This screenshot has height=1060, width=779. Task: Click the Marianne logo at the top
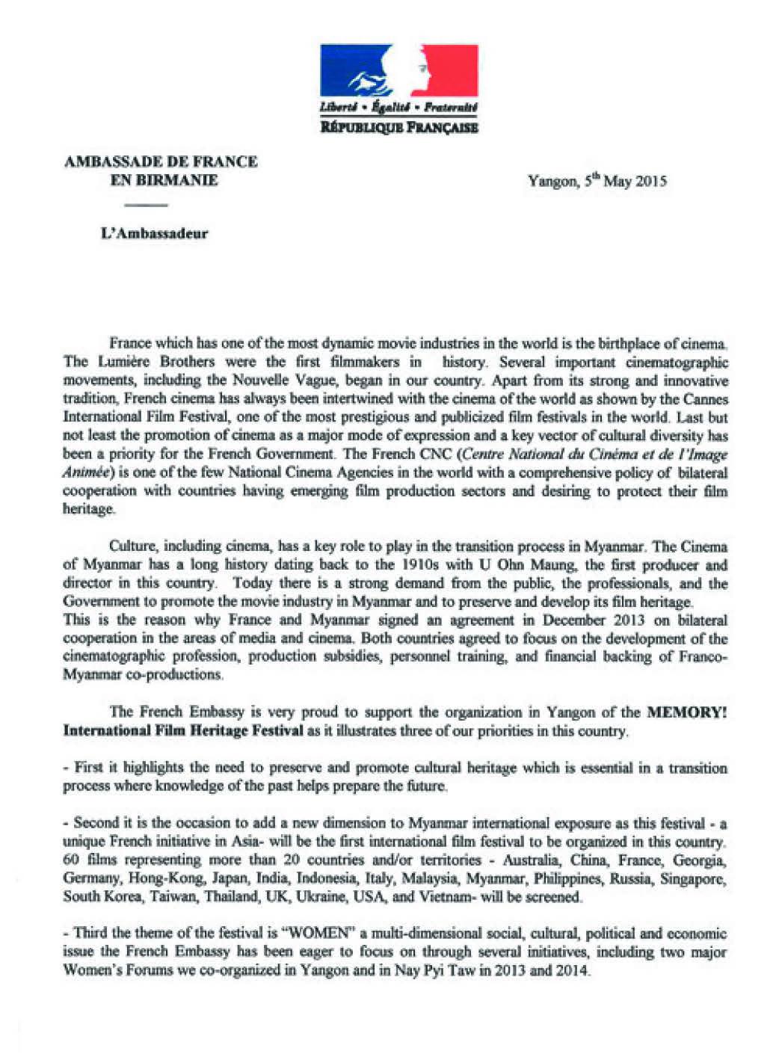(398, 72)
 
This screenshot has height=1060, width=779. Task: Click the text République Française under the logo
(398, 127)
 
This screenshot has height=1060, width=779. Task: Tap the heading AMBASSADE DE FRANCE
(161, 161)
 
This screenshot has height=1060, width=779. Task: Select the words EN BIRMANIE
(164, 180)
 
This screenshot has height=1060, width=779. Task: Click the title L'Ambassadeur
(154, 233)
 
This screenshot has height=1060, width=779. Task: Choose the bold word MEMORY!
(686, 712)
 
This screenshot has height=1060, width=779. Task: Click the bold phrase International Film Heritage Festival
(183, 730)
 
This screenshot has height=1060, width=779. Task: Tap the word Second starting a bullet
(96, 823)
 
